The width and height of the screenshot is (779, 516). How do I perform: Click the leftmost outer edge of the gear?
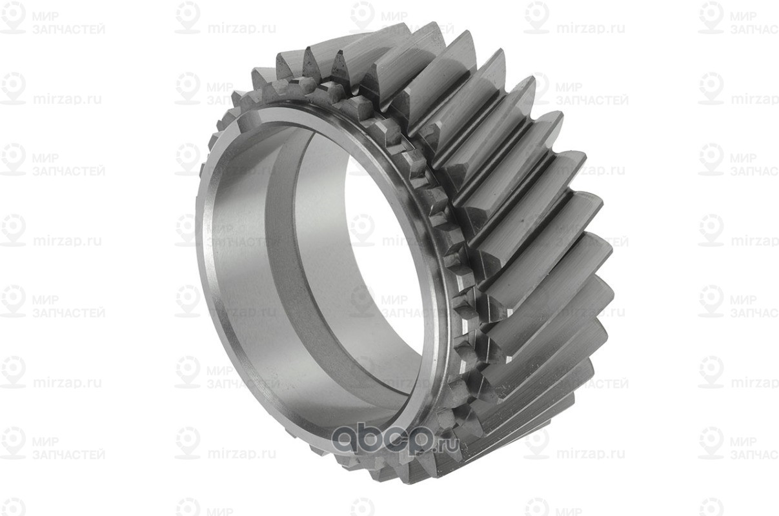point(197,213)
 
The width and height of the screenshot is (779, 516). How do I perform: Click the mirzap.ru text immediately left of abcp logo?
point(242,453)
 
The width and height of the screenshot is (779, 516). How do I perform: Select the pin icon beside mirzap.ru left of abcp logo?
point(188,443)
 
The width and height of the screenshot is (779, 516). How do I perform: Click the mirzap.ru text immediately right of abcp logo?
point(591,453)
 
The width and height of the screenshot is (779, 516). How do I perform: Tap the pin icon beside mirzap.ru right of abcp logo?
point(536,443)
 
